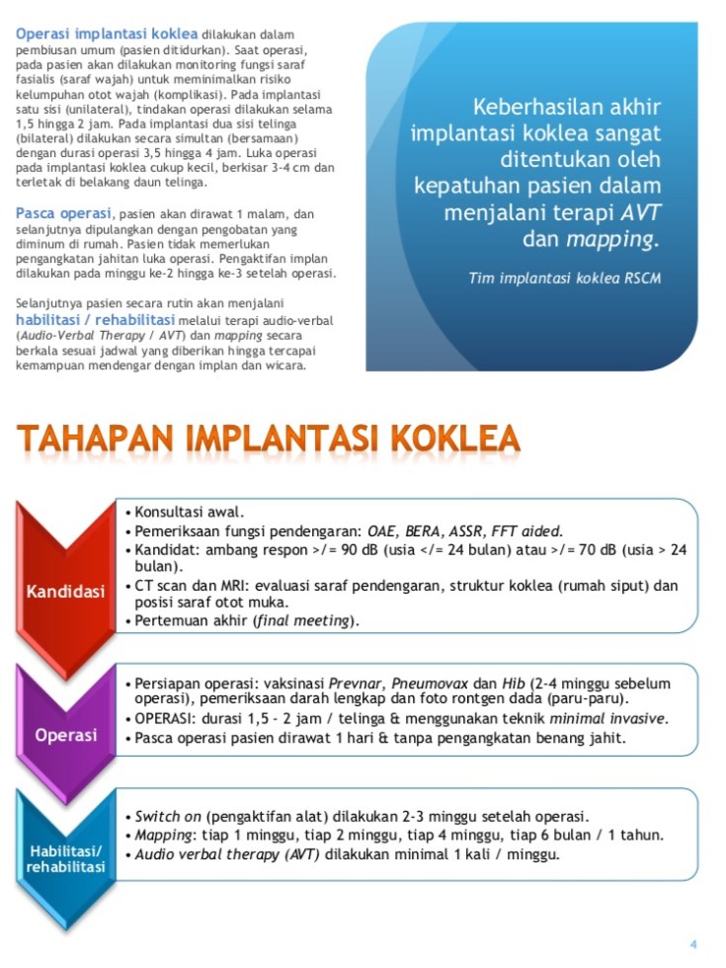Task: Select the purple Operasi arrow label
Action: pos(66,735)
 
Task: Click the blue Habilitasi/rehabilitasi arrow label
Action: pos(66,858)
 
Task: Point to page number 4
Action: pos(693,943)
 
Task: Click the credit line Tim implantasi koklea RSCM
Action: pos(564,279)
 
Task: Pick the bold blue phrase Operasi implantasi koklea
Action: pos(106,34)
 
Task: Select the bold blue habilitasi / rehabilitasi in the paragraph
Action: pos(95,320)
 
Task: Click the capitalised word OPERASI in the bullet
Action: pos(167,718)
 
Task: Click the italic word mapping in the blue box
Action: pos(610,239)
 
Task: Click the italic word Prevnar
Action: pos(360,683)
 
